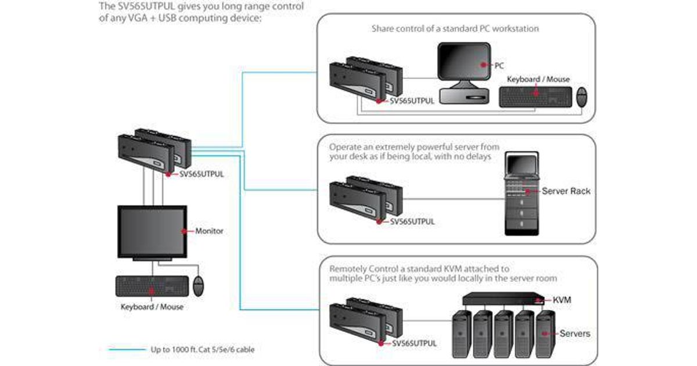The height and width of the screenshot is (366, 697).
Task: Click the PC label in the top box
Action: point(499,66)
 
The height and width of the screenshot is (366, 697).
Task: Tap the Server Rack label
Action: point(566,191)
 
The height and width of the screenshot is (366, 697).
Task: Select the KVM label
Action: point(562,300)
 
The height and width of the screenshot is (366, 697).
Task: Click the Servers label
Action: point(574,333)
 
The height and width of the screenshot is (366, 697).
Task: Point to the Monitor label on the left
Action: point(209,231)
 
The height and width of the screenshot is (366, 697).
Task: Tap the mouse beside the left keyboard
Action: point(199,285)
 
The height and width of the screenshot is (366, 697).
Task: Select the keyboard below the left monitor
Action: point(152,286)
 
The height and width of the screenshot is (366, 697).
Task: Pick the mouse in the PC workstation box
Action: point(581,97)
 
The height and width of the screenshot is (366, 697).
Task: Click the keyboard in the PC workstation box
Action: point(535,96)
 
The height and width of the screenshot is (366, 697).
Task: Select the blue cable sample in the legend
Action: point(126,350)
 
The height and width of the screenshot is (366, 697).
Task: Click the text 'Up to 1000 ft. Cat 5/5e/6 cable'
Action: point(202,350)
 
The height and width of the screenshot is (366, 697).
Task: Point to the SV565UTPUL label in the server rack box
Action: point(412,221)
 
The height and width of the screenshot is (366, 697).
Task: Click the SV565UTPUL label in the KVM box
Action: point(414,343)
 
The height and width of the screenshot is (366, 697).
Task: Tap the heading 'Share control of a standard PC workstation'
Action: point(455,28)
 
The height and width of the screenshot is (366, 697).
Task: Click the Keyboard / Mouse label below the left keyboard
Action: point(152,307)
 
